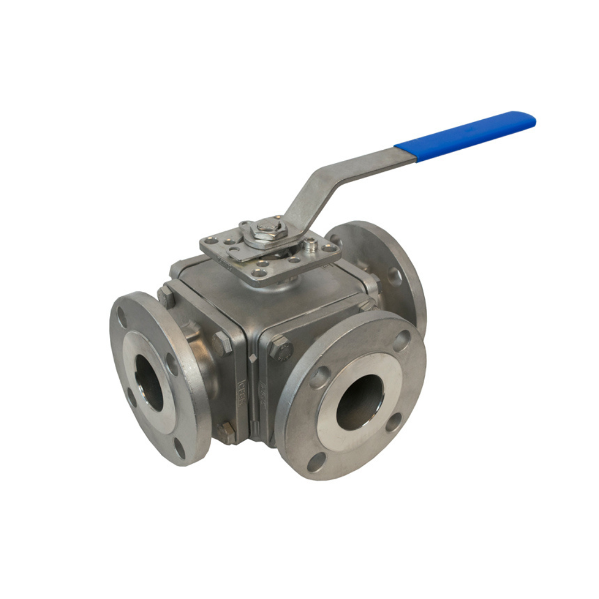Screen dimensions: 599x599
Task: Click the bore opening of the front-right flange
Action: pyautogui.click(x=359, y=402)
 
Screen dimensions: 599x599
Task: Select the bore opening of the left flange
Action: pyautogui.click(x=149, y=382)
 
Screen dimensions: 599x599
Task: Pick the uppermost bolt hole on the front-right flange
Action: pyautogui.click(x=402, y=340)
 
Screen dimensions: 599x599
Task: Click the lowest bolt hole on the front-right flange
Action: pyautogui.click(x=317, y=461)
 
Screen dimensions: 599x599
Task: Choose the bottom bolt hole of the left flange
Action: pyautogui.click(x=179, y=448)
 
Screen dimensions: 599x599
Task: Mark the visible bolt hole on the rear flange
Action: pyautogui.click(x=395, y=276)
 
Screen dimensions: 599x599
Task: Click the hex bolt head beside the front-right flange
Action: pyautogui.click(x=281, y=348)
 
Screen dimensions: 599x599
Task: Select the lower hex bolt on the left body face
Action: pyautogui.click(x=225, y=432)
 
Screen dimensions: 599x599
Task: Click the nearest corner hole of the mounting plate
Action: pyautogui.click(x=258, y=273)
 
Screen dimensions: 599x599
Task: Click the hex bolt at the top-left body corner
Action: pyautogui.click(x=166, y=296)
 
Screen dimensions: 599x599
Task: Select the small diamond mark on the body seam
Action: pyautogui.click(x=253, y=358)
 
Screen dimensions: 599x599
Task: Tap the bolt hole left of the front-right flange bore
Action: pyautogui.click(x=319, y=378)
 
